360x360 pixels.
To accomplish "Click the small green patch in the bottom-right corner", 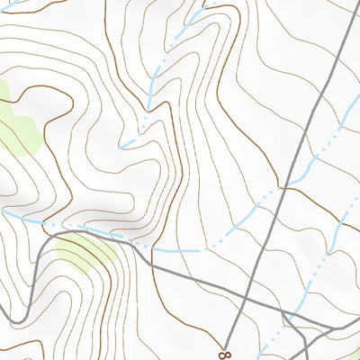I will click(353, 353).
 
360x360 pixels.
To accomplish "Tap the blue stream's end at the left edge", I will click(3, 211).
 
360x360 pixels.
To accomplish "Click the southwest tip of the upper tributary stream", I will click(124, 146).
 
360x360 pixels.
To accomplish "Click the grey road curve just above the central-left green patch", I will click(85, 232).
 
